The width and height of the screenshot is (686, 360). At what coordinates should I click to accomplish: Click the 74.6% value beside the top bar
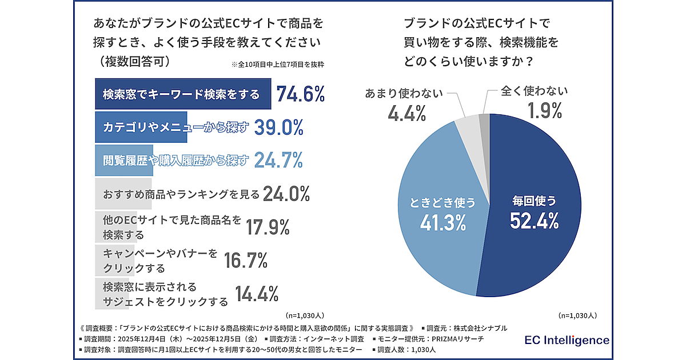point(301,94)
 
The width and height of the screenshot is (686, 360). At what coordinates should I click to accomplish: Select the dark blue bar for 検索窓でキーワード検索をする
point(182,94)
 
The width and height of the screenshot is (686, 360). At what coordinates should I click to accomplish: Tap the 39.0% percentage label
point(278,127)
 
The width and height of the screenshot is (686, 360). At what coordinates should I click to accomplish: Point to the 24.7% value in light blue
point(278,161)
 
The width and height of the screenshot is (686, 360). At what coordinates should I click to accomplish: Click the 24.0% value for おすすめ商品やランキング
point(286,194)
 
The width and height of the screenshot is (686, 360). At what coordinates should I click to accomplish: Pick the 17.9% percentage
point(268,227)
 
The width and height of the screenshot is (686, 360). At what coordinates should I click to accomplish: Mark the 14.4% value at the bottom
point(257,294)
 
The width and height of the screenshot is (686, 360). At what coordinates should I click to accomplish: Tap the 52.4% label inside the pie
point(534,221)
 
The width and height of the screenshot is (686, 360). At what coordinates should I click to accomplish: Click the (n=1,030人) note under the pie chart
point(577,315)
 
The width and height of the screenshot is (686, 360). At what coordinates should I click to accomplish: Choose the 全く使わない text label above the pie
point(535,91)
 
